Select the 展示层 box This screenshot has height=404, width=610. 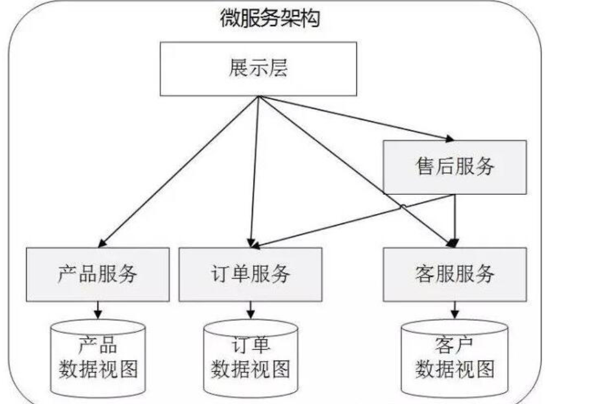258,68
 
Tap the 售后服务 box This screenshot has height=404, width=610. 454,167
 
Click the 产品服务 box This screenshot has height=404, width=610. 97,274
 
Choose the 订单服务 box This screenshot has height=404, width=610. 250,274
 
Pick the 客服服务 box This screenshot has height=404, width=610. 454,274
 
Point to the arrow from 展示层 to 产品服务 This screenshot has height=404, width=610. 178,172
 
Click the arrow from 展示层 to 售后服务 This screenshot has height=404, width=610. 356,119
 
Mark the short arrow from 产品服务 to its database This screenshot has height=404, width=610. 98,310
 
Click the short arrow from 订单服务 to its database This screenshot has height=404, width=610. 250,310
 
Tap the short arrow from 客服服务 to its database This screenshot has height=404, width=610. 454,310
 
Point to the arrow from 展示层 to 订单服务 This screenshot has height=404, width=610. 255,172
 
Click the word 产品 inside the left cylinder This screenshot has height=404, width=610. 98,345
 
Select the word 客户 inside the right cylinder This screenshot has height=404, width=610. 454,345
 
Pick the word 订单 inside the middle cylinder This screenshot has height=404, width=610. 250,345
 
